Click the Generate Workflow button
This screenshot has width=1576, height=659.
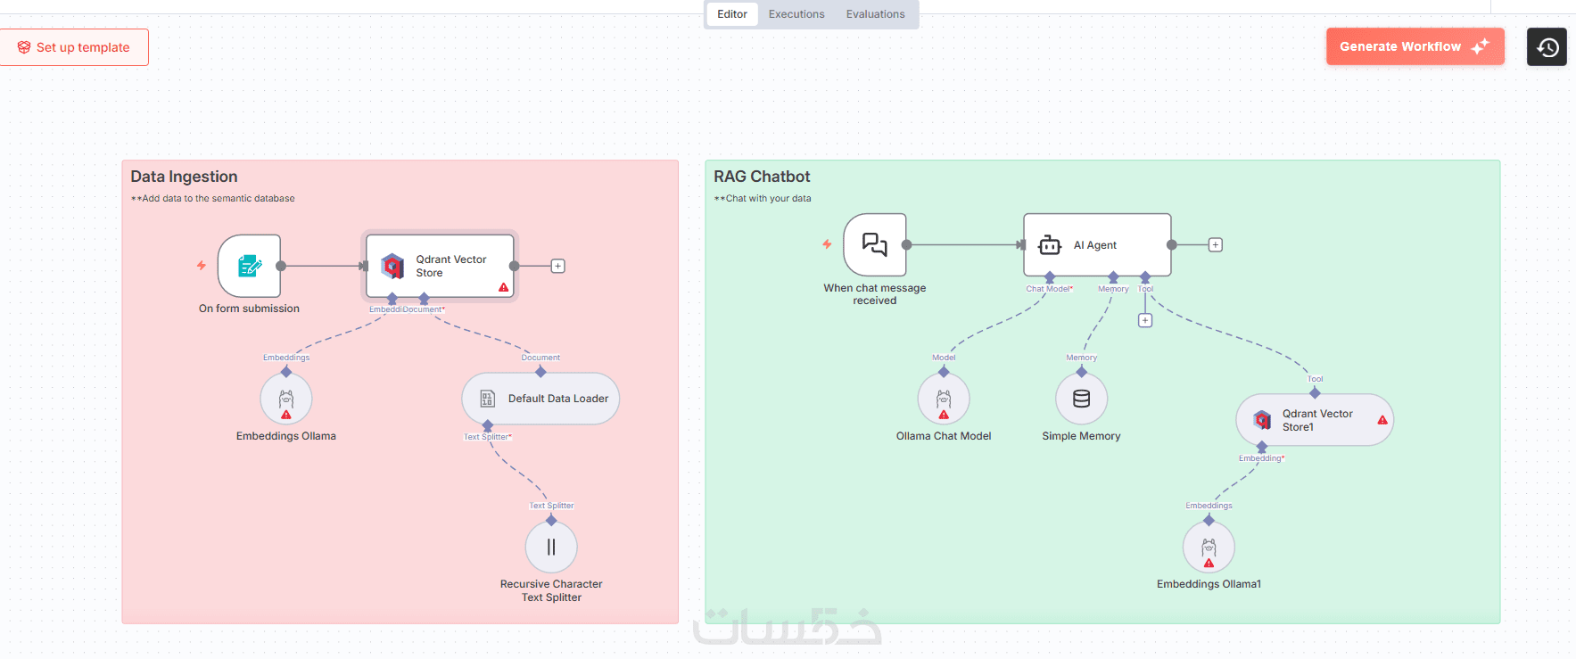1414,46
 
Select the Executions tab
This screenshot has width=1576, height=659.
796,14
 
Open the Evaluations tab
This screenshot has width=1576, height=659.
875,14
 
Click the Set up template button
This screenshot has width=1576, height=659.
75,47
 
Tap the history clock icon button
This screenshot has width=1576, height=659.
1547,47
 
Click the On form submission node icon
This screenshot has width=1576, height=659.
250,266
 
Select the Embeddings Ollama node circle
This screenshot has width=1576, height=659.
286,399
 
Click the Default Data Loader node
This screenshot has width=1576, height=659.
540,399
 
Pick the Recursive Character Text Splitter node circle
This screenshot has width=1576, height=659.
551,547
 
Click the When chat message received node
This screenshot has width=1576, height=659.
875,244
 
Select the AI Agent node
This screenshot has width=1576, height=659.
1097,245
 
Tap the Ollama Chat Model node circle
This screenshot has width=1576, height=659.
944,399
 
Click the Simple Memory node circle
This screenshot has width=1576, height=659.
1081,399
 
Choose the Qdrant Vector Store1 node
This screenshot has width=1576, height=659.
1315,420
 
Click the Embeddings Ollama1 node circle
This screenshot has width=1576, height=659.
1209,547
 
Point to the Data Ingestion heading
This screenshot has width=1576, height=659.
184,177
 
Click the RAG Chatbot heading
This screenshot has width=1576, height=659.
762,177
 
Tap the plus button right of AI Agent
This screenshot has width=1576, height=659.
1215,245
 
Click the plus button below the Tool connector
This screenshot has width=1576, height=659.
1145,320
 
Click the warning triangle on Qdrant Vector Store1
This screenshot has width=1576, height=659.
1382,420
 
